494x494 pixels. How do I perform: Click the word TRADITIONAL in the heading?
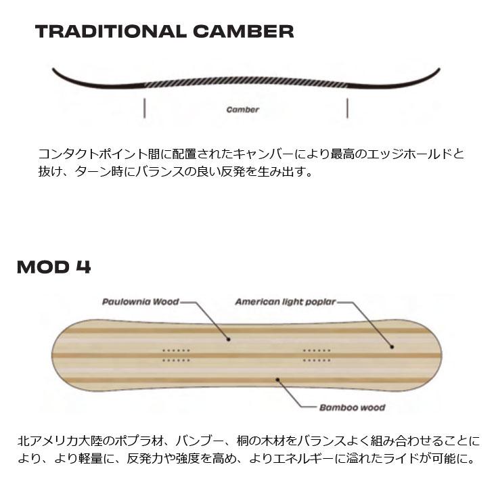111,32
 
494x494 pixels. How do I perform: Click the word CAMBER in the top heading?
243,32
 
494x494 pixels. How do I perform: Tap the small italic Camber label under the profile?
242,110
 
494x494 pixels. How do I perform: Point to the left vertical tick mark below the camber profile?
144,108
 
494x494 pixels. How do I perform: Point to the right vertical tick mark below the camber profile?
347,108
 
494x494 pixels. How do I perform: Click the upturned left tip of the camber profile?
54,70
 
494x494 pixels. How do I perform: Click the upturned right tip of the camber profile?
438,69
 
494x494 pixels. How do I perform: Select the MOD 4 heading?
54,267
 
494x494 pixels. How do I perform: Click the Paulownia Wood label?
141,302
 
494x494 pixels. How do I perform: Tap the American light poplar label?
286,302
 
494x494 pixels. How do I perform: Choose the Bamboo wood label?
352,407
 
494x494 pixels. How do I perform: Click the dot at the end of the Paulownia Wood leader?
229,339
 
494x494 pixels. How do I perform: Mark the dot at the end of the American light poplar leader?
392,347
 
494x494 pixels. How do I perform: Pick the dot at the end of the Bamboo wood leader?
277,380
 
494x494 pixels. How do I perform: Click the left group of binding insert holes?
176,355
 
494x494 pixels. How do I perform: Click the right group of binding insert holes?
317,355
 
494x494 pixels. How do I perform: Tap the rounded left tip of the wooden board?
53,355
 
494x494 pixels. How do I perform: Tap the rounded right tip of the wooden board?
440,355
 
